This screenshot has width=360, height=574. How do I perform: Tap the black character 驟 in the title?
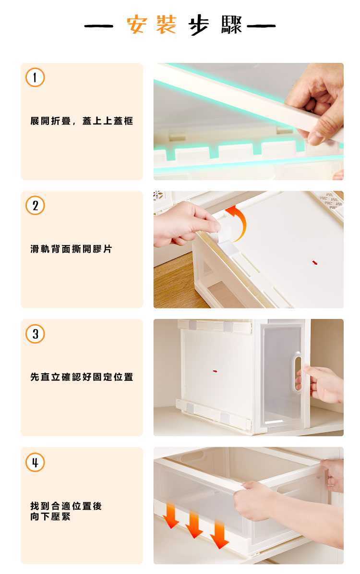tap(231, 25)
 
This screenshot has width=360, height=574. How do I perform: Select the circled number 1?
tap(35, 77)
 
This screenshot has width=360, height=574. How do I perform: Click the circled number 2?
tap(35, 206)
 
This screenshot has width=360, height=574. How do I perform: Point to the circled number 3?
tap(35, 333)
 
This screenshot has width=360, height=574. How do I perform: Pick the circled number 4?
tap(35, 463)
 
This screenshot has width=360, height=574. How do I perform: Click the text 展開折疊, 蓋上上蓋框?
tap(82, 121)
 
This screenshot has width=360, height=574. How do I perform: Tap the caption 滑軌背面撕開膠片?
tap(71, 249)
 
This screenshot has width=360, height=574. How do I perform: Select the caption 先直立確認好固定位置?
tap(82, 377)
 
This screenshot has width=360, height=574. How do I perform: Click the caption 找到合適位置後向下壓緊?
tap(66, 511)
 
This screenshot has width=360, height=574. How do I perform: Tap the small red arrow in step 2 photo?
tap(314, 262)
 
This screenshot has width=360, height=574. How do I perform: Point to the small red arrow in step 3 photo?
tap(215, 371)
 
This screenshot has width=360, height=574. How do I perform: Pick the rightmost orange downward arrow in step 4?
tap(219, 535)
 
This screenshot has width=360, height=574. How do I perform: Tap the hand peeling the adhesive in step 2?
tap(185, 223)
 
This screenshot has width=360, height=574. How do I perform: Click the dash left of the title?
tap(99, 25)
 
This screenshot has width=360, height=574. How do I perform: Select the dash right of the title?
tap(261, 25)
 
